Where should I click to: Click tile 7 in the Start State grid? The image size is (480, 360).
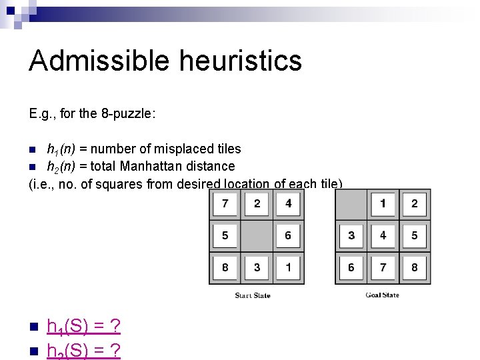(225, 203)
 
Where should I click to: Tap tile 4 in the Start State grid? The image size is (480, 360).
(288, 203)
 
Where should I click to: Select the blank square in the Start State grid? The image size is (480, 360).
(257, 235)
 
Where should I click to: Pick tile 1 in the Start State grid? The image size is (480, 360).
(288, 267)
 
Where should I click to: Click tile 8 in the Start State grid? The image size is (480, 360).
(225, 267)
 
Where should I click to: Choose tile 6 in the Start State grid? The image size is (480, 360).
(288, 235)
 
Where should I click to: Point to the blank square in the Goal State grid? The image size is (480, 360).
(351, 203)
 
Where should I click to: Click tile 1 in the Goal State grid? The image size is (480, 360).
(383, 203)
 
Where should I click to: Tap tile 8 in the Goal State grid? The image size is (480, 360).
(414, 267)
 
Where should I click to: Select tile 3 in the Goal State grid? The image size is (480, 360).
(351, 235)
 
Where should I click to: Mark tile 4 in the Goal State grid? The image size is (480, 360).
(383, 235)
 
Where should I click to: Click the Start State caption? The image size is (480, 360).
(253, 295)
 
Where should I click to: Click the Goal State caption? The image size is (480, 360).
(382, 295)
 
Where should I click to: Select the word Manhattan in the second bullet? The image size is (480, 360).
(156, 166)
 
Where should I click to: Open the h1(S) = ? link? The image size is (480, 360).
(83, 327)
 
